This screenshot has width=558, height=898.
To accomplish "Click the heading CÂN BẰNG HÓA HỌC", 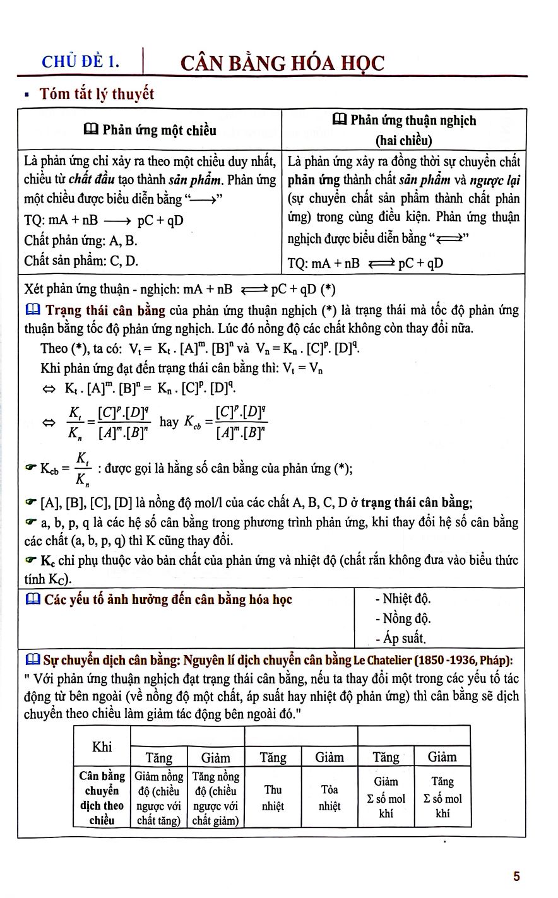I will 282,63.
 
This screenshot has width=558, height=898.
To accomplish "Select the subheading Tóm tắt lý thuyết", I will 97,95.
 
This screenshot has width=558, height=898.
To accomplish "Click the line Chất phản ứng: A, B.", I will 81,240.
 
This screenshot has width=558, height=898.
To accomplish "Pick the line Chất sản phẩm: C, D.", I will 81,260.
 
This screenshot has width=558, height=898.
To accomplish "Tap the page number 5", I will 517,876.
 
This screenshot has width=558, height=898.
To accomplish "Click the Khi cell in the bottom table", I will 102,747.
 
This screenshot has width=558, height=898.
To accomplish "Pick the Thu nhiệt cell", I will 273,797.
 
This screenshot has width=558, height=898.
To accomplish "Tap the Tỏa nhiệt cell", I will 329,797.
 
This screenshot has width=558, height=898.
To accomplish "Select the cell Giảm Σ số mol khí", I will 386,797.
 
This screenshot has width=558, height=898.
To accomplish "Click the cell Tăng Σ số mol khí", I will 442,797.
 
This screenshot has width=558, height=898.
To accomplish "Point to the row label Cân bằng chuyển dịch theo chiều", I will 102,797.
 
